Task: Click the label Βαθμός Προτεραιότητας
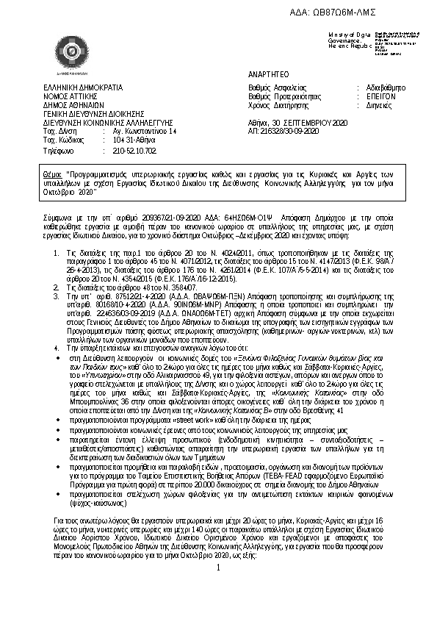click(x=285, y=96)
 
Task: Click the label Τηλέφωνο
click(x=59, y=150)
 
